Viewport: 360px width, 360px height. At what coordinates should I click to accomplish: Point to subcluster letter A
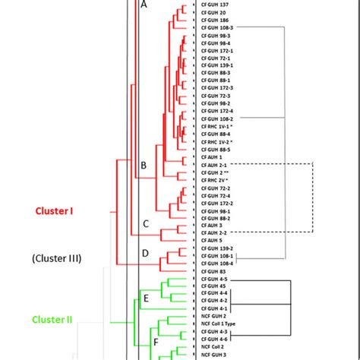(x=144, y=5)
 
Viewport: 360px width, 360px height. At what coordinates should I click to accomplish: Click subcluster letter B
(x=143, y=165)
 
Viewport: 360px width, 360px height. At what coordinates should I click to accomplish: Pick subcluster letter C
(x=144, y=224)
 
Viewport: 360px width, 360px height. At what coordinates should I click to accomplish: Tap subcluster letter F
(x=156, y=343)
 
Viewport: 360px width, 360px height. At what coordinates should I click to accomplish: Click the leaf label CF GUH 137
(x=216, y=5)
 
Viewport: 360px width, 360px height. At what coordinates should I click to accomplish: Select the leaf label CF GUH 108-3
(x=218, y=27)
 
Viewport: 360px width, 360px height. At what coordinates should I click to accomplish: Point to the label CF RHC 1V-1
(x=217, y=127)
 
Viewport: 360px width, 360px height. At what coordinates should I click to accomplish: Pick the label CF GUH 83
(x=213, y=271)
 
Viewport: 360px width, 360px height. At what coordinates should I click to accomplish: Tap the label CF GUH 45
(x=213, y=286)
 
